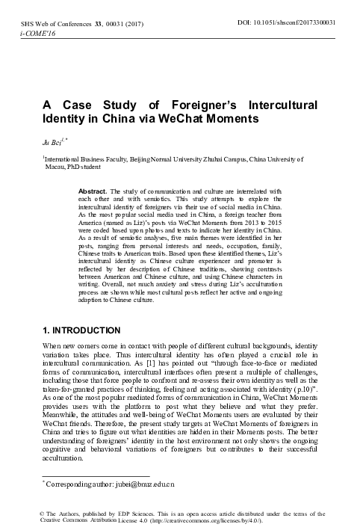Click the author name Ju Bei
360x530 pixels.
50,140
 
